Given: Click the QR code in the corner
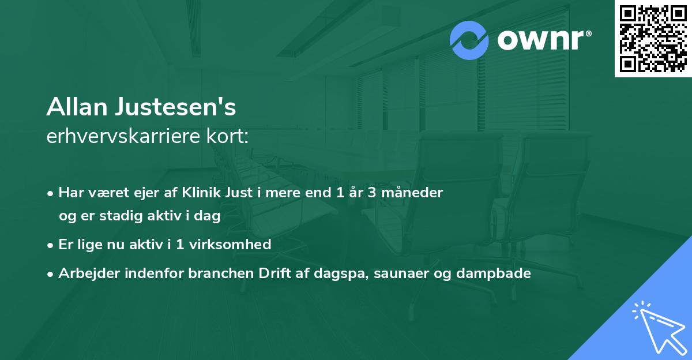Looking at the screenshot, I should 653,38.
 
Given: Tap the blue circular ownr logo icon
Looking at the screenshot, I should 469,40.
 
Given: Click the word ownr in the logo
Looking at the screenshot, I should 543,40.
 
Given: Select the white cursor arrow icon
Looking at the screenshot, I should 660,328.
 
